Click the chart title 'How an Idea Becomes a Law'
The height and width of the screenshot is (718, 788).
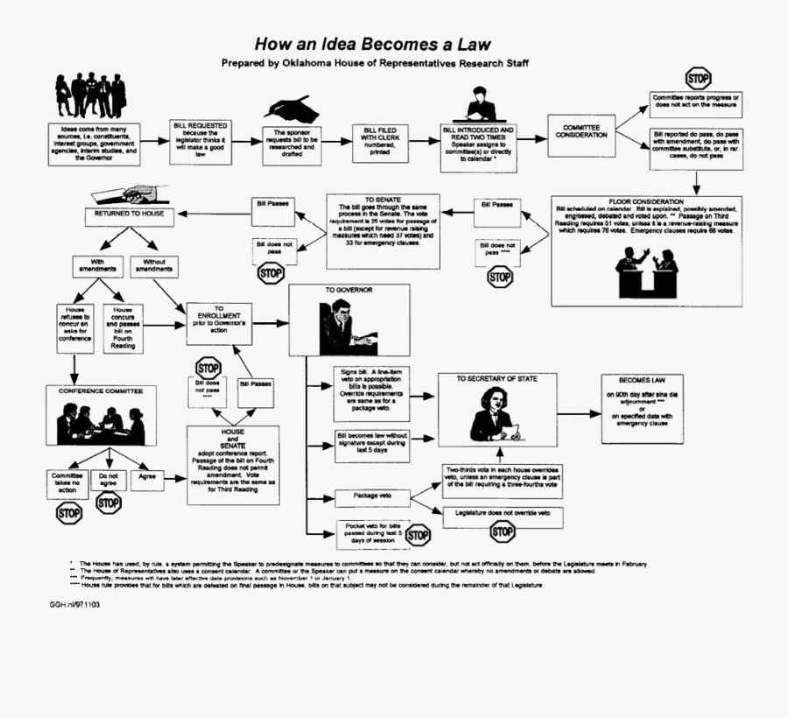coord(373,44)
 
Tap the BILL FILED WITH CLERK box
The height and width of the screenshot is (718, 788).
coord(380,140)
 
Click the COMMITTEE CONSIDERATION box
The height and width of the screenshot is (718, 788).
coord(581,132)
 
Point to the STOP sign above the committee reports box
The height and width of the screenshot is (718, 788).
coord(698,77)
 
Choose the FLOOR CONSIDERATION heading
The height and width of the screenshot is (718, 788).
coord(646,202)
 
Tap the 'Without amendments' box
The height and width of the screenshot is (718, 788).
coord(154,265)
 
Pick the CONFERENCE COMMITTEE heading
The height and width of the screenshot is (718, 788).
coord(101,391)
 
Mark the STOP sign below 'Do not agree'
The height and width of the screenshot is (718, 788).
coord(109,503)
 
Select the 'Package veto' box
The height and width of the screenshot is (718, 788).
coord(372,496)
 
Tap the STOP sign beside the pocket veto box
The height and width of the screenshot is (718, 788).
coord(418,535)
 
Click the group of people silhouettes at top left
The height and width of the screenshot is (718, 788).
coord(91,95)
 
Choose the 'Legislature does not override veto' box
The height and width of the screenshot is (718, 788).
coord(502,513)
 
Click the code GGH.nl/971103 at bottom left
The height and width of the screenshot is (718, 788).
coord(74,604)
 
